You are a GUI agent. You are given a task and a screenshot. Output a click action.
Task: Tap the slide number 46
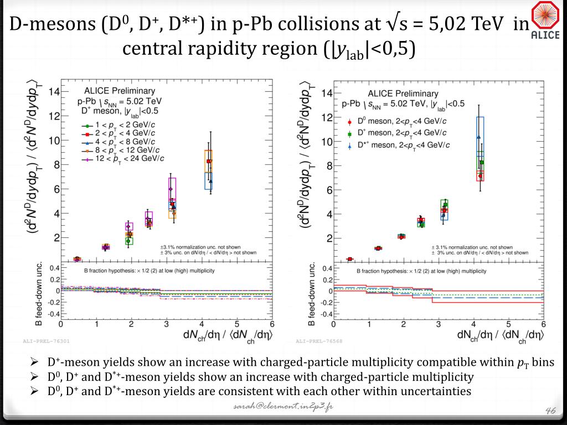pyautogui.click(x=550, y=409)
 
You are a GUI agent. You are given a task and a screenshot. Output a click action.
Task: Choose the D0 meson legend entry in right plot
pyautogui.click(x=399, y=121)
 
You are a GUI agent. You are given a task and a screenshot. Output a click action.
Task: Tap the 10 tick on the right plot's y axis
pyautogui.click(x=327, y=142)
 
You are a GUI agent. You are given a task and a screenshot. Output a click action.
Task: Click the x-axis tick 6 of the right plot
pyautogui.click(x=543, y=324)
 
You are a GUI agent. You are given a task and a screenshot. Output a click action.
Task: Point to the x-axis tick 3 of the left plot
pyautogui.click(x=167, y=324)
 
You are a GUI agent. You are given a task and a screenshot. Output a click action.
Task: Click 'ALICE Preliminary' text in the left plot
pyautogui.click(x=119, y=91)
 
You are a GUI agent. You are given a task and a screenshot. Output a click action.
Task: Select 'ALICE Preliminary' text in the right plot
pyautogui.click(x=403, y=94)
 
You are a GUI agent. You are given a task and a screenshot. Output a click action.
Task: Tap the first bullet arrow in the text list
pyautogui.click(x=34, y=363)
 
